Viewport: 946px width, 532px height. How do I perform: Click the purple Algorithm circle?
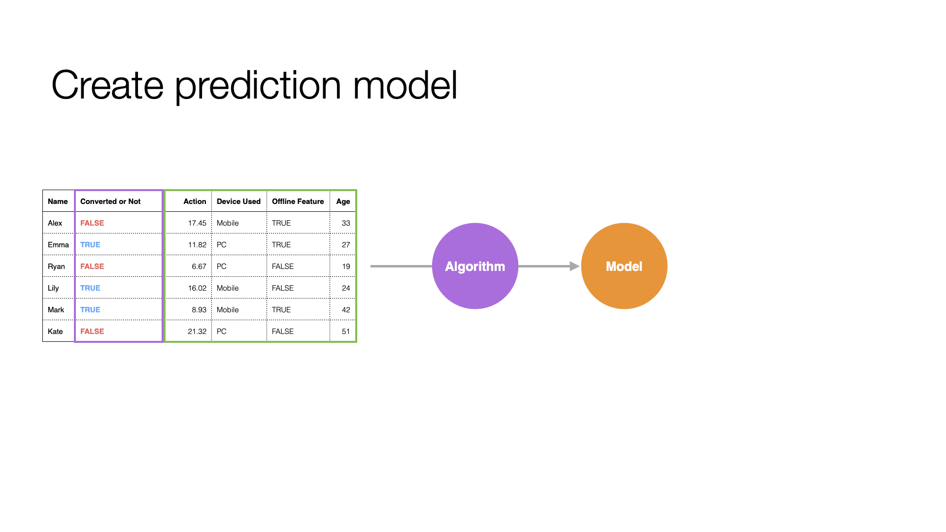pos(475,266)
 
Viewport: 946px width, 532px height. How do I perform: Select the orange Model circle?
pos(624,266)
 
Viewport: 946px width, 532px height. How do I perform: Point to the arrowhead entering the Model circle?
pos(575,266)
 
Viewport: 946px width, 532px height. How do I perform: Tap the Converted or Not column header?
pos(110,201)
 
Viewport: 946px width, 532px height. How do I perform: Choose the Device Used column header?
pos(238,201)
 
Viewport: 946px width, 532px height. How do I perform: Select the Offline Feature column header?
pos(298,201)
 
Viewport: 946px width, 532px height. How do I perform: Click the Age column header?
pos(343,201)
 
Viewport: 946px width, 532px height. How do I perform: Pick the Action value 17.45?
pos(197,223)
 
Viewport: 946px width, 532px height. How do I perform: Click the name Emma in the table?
pos(58,245)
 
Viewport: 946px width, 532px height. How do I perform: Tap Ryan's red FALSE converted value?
pos(92,266)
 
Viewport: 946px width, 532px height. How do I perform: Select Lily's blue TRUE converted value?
pos(90,288)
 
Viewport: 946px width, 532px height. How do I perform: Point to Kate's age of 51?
pos(346,332)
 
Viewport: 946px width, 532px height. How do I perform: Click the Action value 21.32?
pos(197,332)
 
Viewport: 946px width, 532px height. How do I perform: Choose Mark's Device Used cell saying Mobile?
pos(228,310)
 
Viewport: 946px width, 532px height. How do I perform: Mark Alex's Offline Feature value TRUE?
pos(281,223)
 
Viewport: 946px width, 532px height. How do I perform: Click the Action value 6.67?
pos(199,266)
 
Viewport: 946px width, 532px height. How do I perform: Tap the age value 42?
pos(346,310)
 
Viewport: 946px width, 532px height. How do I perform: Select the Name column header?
pos(58,201)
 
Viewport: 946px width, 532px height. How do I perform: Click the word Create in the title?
pos(107,85)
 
